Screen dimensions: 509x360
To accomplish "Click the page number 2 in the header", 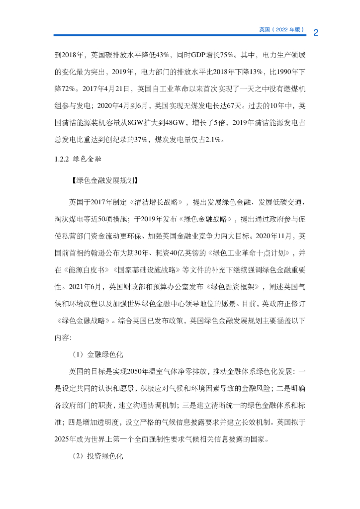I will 315,33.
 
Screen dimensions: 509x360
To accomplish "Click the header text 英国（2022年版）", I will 281,30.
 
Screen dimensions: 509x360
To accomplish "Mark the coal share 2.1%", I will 214,140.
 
